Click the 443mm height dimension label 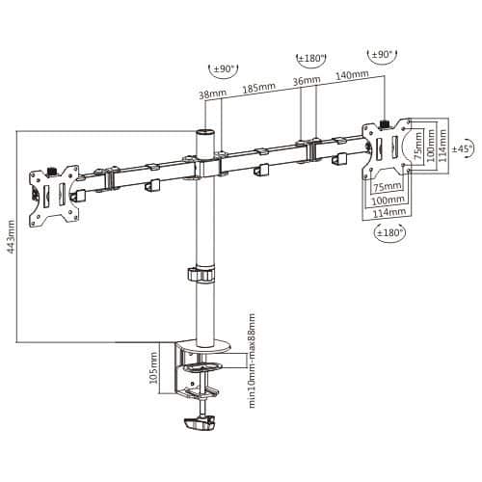tap(11, 236)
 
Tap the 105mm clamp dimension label tap(154, 367)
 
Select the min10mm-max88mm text tap(252, 361)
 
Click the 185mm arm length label tap(258, 88)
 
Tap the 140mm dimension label tap(352, 75)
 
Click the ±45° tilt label tap(463, 148)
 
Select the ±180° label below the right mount tap(389, 232)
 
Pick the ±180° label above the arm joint tap(311, 59)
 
